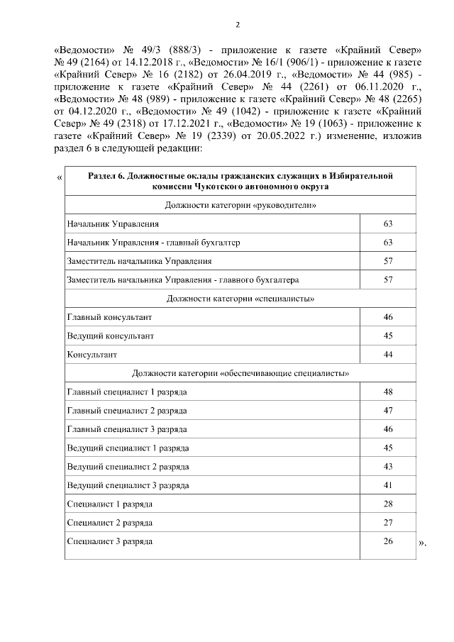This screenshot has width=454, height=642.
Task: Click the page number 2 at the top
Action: pyautogui.click(x=238, y=25)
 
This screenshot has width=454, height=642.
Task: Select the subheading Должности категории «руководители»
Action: pyautogui.click(x=240, y=205)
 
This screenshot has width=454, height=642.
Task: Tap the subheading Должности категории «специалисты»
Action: pyautogui.click(x=240, y=298)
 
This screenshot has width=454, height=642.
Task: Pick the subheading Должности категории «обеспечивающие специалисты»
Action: pyautogui.click(x=240, y=372)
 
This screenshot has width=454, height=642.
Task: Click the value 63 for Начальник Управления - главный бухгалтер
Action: pyautogui.click(x=387, y=243)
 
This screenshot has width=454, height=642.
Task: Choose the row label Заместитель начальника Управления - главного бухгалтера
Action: pyautogui.click(x=183, y=280)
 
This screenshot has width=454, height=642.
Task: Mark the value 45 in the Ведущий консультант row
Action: pyautogui.click(x=387, y=336)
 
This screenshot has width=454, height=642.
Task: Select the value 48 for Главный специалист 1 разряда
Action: pyautogui.click(x=387, y=392)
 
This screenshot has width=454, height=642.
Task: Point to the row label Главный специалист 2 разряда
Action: pyautogui.click(x=127, y=411)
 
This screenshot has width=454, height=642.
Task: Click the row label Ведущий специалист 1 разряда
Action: pyautogui.click(x=128, y=448)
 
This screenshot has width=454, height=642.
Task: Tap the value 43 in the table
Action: pyautogui.click(x=387, y=467)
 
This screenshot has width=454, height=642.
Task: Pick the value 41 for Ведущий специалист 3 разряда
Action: pyautogui.click(x=387, y=485)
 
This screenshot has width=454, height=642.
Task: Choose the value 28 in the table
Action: pyautogui.click(x=387, y=504)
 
